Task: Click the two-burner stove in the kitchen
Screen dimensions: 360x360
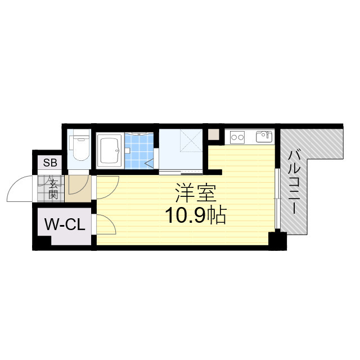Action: (237, 137)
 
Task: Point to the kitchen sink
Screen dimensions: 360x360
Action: (263, 137)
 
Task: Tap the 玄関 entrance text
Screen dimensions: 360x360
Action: (53, 189)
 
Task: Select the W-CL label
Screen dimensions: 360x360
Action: (64, 226)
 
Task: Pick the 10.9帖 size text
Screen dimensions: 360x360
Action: (195, 215)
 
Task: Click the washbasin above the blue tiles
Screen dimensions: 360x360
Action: (139, 133)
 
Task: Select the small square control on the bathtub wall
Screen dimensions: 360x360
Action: (128, 150)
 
